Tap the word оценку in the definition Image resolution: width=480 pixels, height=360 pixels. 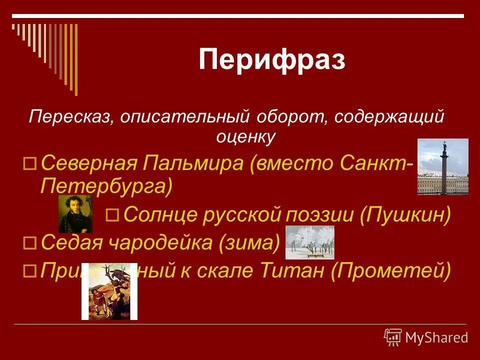click(x=246, y=136)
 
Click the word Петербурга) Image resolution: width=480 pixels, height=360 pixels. click(x=106, y=186)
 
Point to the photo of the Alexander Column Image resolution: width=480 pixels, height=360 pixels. click(x=442, y=166)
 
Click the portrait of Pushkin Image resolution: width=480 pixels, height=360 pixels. click(x=75, y=213)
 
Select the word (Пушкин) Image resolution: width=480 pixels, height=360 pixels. click(x=404, y=215)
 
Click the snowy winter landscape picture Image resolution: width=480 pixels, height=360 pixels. click(x=309, y=242)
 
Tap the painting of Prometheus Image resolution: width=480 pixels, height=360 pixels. click(x=109, y=291)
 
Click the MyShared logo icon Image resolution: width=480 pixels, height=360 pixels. click(x=393, y=337)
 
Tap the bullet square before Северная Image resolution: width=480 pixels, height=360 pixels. click(x=30, y=163)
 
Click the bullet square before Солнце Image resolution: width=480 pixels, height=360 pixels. click(x=112, y=215)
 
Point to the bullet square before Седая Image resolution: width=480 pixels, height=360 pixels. click(x=30, y=243)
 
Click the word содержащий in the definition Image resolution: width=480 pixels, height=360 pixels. click(x=389, y=117)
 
